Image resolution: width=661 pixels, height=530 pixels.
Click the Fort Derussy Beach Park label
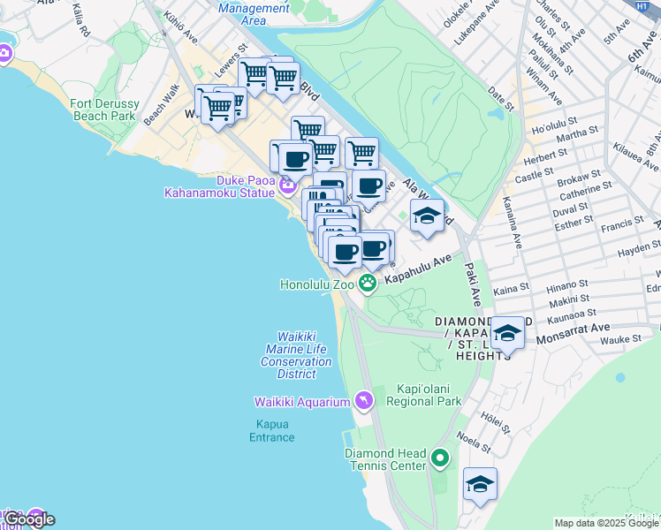click(103, 110)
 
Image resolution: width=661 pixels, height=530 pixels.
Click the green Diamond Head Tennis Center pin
click(440, 459)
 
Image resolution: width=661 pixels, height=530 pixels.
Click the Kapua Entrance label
click(271, 430)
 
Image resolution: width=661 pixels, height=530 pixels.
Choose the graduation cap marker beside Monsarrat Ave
click(507, 333)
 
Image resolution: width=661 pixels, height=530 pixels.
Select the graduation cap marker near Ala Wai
click(427, 216)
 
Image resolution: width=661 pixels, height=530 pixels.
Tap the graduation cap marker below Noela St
click(480, 484)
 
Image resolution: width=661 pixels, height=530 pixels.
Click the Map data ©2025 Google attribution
click(606, 523)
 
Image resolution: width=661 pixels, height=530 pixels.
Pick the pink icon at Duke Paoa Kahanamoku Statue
click(286, 185)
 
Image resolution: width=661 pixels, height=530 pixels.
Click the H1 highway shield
click(642, 5)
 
